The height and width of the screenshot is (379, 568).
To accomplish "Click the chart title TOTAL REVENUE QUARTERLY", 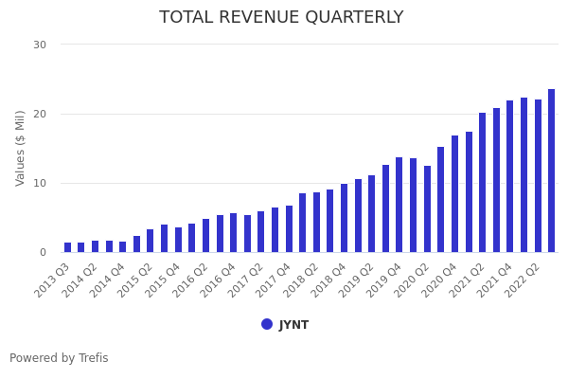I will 281,18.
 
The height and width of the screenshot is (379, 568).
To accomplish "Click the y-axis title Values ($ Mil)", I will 21,148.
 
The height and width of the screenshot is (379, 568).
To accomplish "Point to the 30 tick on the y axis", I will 39,45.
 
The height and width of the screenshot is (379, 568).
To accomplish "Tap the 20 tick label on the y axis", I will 39,114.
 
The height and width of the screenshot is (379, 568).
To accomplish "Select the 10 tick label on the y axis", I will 39,183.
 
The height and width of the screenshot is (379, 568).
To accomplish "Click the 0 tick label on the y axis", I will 43,252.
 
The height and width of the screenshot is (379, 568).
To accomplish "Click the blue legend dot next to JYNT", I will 267,324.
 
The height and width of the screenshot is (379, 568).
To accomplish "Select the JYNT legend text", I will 293,325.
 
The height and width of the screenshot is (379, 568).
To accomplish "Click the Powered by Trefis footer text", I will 59,358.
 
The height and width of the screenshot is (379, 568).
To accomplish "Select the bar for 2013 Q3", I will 67,247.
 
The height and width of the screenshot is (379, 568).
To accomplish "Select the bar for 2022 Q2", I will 538,176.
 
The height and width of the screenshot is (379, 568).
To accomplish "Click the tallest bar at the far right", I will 552,171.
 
